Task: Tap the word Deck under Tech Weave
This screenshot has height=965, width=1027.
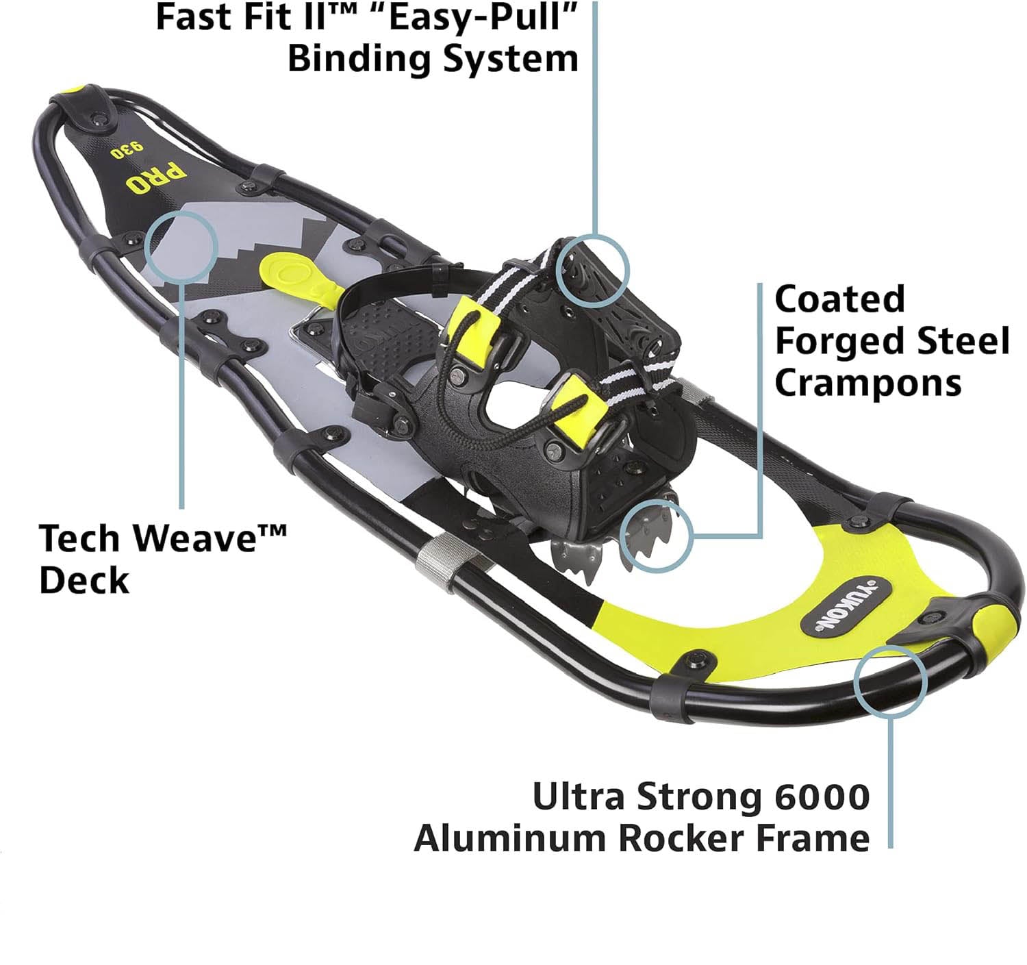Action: point(84,580)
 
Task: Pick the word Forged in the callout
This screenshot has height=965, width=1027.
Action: point(850,341)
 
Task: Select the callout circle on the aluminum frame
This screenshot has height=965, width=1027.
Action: point(891,681)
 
